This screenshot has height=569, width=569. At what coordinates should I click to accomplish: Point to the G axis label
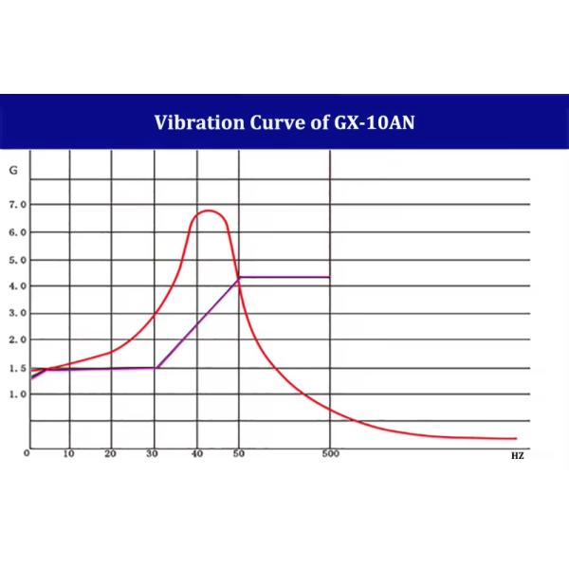[13, 172]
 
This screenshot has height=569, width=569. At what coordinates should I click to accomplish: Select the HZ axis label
[516, 456]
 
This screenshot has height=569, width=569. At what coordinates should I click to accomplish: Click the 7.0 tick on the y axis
[17, 205]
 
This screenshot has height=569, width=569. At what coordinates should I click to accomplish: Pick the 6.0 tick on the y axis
[17, 232]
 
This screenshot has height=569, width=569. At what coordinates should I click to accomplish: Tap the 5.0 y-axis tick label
[17, 260]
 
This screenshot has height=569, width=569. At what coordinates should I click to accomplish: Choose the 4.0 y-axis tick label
[17, 286]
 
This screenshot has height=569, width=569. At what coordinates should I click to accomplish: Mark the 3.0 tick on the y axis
[17, 313]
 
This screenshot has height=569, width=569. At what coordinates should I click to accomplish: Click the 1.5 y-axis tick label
[17, 367]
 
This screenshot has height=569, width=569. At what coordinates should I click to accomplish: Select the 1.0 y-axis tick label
[17, 395]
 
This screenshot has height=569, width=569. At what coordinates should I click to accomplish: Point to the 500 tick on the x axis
[329, 454]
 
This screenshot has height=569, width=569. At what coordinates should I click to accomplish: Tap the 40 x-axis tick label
[196, 454]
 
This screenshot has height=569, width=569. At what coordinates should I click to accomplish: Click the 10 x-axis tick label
[68, 454]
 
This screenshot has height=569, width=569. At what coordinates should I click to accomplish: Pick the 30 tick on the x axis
[154, 454]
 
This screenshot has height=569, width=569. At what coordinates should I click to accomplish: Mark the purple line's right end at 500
[329, 277]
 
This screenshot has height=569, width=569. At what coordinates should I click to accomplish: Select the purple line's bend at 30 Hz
[155, 368]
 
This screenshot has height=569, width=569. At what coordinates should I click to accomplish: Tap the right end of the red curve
[516, 438]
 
